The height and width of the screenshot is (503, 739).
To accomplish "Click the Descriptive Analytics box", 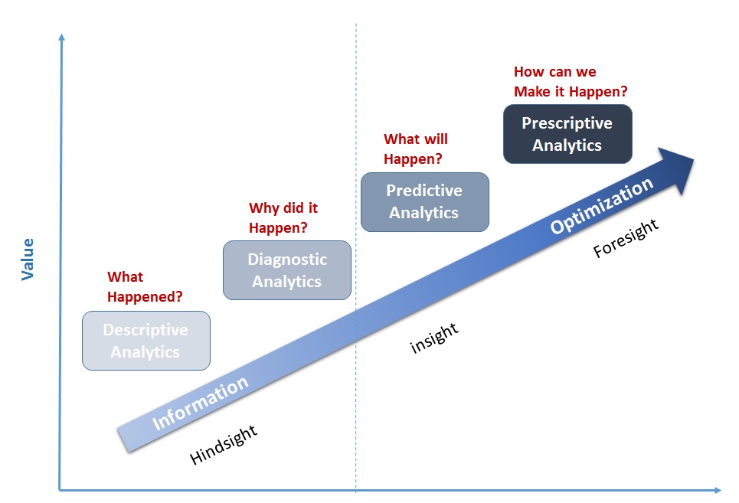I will coord(146,341).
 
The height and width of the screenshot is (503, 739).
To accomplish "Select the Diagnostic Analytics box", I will coord(287,270).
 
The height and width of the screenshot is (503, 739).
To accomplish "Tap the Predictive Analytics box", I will coord(424,201).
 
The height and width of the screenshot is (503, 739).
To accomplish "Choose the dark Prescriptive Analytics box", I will coord(567,134).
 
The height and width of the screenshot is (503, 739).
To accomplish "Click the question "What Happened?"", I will coord(145,286).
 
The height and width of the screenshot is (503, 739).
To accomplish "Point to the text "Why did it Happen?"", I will coord(283,217).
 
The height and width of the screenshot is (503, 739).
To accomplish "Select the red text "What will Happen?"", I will coord(415,149).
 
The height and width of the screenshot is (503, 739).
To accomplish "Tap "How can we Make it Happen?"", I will coord(571,82).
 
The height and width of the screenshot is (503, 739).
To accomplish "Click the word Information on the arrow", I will coord(201,403).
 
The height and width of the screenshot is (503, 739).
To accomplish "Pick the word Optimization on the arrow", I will coord(603,205).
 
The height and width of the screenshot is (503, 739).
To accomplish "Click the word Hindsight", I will coord(224,443).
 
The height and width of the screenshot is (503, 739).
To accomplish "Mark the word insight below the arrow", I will coord(434,338).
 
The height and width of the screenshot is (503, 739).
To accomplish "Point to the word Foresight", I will coord(626,239).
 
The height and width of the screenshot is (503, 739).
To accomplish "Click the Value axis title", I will coord(28,259).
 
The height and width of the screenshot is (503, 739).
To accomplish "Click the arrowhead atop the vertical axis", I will coord(60,37).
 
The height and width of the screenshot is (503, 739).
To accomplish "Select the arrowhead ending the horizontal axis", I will coord(716,489).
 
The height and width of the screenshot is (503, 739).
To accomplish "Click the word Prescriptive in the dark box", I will coord(567,123).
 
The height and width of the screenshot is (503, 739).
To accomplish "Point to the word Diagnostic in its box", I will coord(287,260).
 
